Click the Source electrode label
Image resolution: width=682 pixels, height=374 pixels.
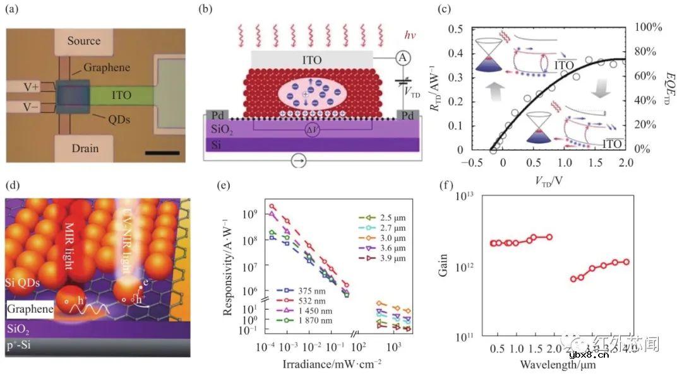[84, 40]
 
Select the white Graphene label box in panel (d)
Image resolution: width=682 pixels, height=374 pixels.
[30, 310]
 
